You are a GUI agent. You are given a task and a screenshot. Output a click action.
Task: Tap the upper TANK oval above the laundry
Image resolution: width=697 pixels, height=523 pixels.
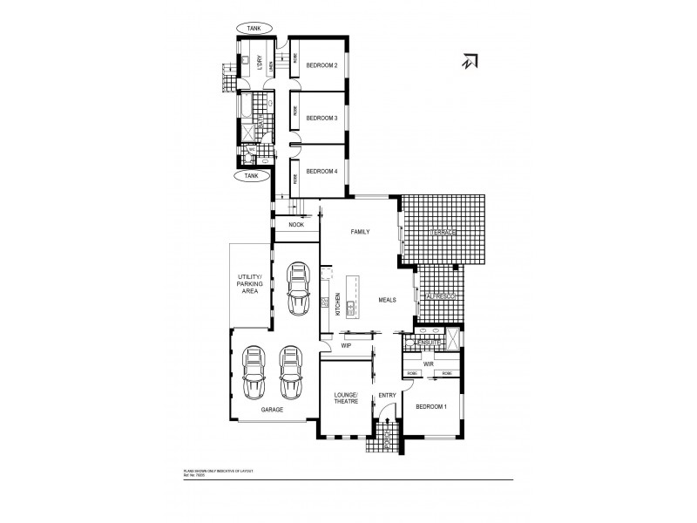tap(254, 28)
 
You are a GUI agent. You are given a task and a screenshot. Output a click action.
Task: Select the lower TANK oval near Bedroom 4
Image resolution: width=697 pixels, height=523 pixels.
tap(253, 175)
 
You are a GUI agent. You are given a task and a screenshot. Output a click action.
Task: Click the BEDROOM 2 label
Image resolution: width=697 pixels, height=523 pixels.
tap(321, 65)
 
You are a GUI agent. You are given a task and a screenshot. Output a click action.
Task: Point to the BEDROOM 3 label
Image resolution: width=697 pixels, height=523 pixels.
tap(321, 118)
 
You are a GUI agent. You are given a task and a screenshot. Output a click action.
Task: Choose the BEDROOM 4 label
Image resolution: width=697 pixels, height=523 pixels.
tap(321, 172)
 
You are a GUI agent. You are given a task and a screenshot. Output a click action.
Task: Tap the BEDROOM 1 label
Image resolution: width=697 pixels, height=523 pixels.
tap(430, 407)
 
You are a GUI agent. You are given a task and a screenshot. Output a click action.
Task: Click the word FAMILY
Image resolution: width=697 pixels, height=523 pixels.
tap(360, 233)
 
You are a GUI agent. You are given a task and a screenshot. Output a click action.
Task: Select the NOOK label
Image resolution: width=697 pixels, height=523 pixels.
tap(295, 226)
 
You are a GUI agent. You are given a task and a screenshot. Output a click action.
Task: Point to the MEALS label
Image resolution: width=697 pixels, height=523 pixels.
tap(387, 299)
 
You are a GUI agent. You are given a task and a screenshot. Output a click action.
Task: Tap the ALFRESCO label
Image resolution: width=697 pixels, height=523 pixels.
tap(442, 296)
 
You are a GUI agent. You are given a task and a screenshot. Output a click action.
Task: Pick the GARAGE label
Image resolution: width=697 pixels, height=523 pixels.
tap(271, 409)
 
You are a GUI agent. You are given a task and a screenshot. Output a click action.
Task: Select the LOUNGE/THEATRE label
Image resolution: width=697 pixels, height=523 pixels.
tap(346, 399)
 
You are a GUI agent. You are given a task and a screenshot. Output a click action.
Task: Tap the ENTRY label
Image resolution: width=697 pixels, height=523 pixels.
tap(387, 395)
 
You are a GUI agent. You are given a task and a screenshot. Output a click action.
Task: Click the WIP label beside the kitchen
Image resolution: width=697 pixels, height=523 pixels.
tap(346, 345)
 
